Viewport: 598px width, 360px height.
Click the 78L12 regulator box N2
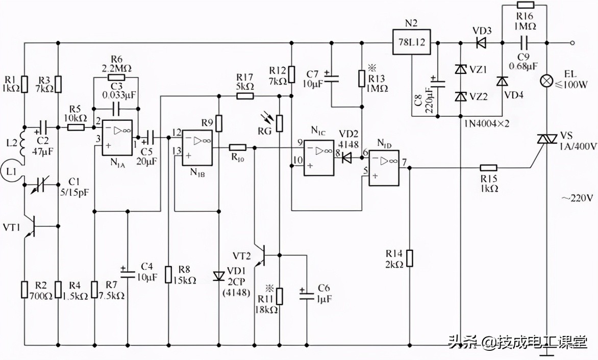coord(411,42)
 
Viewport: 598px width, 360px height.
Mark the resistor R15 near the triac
coord(489,167)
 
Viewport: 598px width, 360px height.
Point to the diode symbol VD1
coord(219,276)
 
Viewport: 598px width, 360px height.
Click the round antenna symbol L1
coord(9,169)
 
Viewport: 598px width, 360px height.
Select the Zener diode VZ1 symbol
coord(461,69)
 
